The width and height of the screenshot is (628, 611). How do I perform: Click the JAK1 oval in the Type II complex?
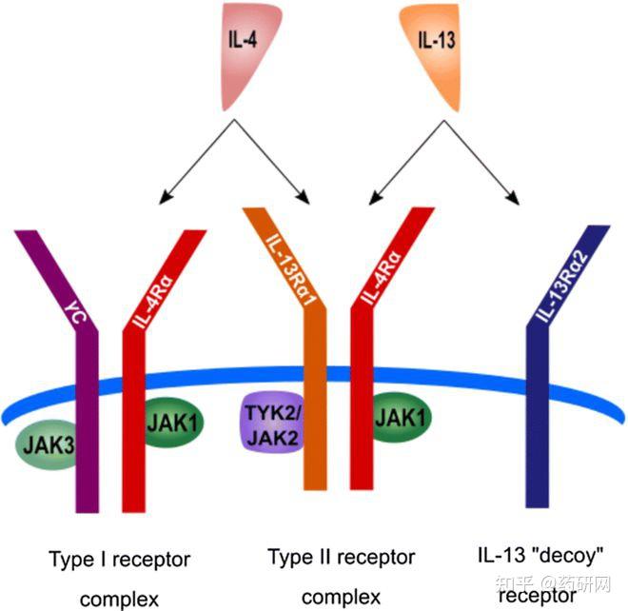[400, 416]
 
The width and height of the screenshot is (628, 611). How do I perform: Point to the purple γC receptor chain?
[87, 400]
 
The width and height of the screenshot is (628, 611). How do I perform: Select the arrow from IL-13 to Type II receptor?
[403, 168]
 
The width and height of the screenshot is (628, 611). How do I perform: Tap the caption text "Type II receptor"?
[342, 556]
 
